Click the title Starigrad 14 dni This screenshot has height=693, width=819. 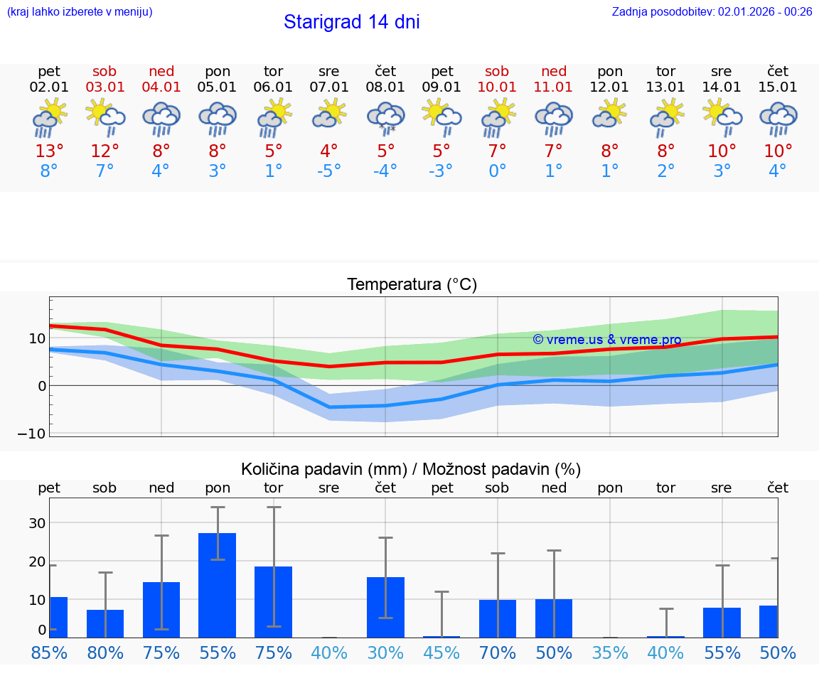pos(351,22)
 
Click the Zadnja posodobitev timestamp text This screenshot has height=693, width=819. pos(712,11)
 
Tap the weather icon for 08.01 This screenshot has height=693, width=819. pos(385,118)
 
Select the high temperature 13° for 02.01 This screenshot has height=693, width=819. pos(49,151)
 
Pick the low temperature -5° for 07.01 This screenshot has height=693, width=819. pos(329,171)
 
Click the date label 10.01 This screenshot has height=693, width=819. pos(497,87)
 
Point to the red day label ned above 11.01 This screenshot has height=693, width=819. pos(554,71)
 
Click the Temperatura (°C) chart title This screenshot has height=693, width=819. pos(412,284)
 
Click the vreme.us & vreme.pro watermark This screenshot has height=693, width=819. pos(606,340)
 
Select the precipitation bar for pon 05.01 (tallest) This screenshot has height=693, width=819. pos(218,585)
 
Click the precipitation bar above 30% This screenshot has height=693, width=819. pos(385,607)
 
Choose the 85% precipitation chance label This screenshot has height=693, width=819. pos(49,652)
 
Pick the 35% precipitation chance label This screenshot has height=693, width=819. pos(610,652)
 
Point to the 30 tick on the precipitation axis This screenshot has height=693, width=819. pos(37,523)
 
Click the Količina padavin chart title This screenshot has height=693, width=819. pos(411,469)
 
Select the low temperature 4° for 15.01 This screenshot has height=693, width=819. pos(778,171)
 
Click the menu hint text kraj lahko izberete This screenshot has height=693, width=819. pos(80,11)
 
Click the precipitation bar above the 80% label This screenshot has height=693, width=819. pos(105,623)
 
